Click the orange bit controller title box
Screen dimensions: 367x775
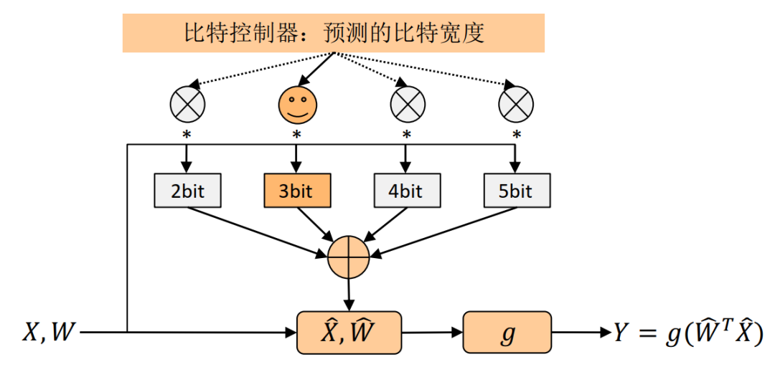point(334,33)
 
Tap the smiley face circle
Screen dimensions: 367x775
point(296,105)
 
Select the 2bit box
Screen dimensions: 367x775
point(187,191)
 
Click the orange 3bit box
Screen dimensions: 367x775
point(297,191)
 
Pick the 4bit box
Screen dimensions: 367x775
point(406,191)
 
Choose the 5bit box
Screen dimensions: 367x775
point(516,191)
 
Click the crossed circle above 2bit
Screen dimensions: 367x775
point(187,105)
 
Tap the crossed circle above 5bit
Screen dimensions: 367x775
point(516,105)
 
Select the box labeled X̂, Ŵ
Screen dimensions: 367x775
point(349,333)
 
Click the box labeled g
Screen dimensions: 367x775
point(507,333)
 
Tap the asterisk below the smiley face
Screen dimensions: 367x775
point(296,135)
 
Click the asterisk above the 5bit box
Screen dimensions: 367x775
point(516,135)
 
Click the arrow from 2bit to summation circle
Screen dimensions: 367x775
point(258,230)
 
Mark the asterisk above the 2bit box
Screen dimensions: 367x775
point(187,135)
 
